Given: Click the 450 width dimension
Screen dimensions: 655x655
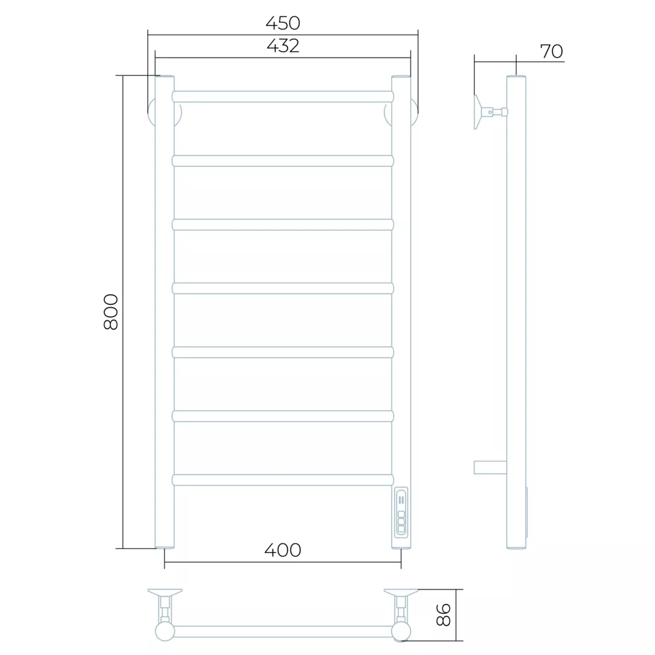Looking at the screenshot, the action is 283,24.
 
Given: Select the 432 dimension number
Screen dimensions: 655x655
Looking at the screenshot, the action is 283,46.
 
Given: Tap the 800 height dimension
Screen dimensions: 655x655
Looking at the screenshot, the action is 111,312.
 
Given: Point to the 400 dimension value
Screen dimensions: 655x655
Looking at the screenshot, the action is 283,550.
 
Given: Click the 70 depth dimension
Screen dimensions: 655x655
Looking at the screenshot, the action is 552,51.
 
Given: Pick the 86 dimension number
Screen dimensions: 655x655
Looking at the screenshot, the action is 443,615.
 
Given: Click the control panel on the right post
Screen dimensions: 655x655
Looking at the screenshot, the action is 401,512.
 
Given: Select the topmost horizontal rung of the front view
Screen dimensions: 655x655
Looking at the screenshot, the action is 283,96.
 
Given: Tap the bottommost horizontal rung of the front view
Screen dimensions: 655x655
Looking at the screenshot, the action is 283,480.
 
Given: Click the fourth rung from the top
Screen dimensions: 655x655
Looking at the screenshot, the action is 283,288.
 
